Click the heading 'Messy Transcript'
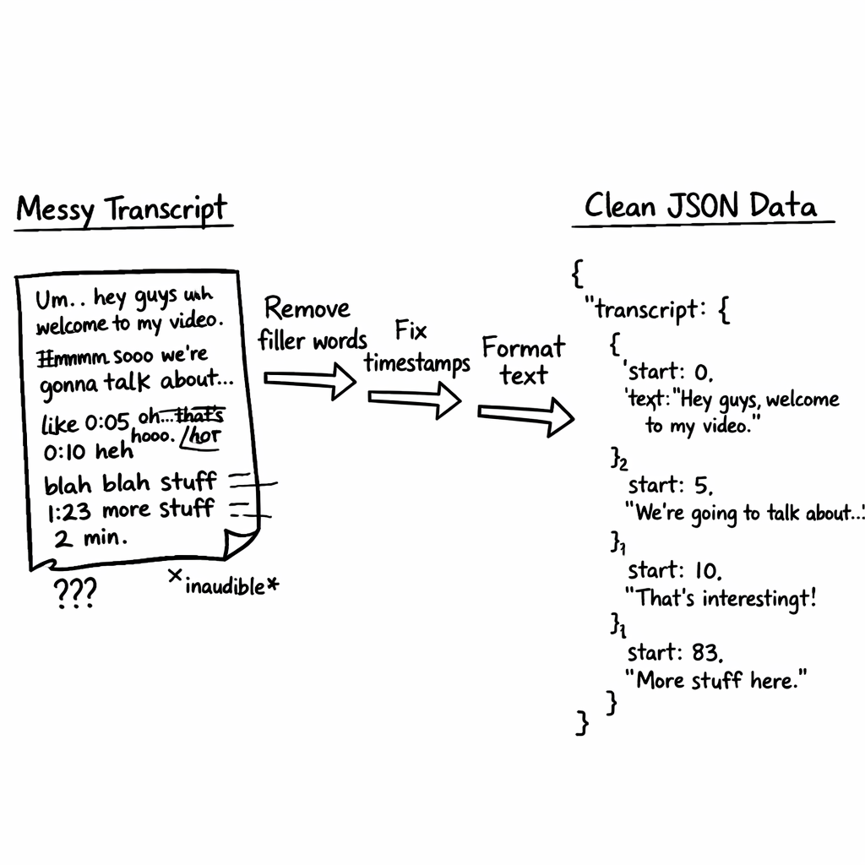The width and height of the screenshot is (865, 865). point(122,209)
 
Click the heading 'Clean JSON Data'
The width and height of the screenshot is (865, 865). point(700,205)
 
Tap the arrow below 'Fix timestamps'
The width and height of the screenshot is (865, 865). point(414,400)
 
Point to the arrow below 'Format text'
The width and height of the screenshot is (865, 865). point(525,415)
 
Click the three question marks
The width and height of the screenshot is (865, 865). point(75,593)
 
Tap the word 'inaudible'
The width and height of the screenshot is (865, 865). point(225,585)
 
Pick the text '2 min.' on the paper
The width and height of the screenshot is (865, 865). point(92,538)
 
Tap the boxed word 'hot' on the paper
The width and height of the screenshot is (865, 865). point(204,437)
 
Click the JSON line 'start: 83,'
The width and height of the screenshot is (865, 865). point(676,652)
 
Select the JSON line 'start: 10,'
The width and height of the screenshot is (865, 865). point(674,570)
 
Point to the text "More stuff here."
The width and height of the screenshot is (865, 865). point(715,679)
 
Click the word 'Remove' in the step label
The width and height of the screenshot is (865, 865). point(307,309)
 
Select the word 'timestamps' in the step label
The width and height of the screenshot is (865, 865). point(417,363)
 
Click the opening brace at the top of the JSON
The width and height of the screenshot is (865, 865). point(579,273)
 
